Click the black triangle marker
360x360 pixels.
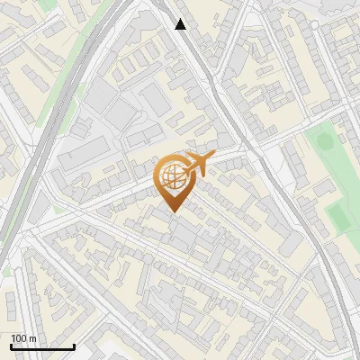pos(181,24)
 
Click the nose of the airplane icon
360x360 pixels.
pos(211,157)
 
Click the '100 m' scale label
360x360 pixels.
pos(24,338)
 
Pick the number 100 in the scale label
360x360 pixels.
pos(20,338)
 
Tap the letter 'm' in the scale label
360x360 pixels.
pos(33,338)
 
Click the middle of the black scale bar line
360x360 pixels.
pos(42,347)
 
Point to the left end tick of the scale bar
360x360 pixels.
pos(11,346)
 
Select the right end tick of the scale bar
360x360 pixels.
pos(74,346)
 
